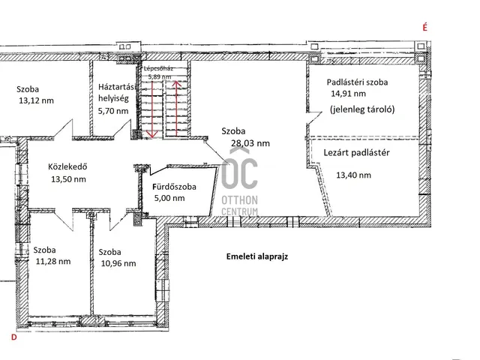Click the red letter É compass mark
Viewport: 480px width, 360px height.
[425, 27]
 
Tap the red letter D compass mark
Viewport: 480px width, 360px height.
[13, 337]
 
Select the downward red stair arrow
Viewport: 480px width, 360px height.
[152, 109]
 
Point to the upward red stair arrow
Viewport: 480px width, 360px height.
[176, 108]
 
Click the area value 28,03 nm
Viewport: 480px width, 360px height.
[250, 143]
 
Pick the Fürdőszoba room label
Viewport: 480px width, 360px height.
[174, 187]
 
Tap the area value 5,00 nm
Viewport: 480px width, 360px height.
[169, 198]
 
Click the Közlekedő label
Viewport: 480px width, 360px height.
[67, 166]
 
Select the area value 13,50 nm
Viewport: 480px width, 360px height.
[68, 179]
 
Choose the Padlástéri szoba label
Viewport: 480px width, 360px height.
[357, 82]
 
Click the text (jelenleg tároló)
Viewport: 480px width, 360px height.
[362, 109]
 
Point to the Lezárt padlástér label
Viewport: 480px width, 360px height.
[357, 152]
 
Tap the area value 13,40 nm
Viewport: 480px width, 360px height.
[353, 175]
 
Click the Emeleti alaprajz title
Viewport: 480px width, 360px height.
[257, 256]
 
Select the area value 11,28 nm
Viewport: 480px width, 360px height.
[53, 261]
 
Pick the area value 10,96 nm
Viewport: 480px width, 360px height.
[118, 263]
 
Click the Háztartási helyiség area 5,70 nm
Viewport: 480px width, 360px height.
[113, 111]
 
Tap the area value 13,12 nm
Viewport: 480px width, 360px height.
[37, 100]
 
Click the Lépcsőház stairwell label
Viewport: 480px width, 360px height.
[158, 68]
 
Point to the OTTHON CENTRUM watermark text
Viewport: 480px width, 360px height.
[239, 205]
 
